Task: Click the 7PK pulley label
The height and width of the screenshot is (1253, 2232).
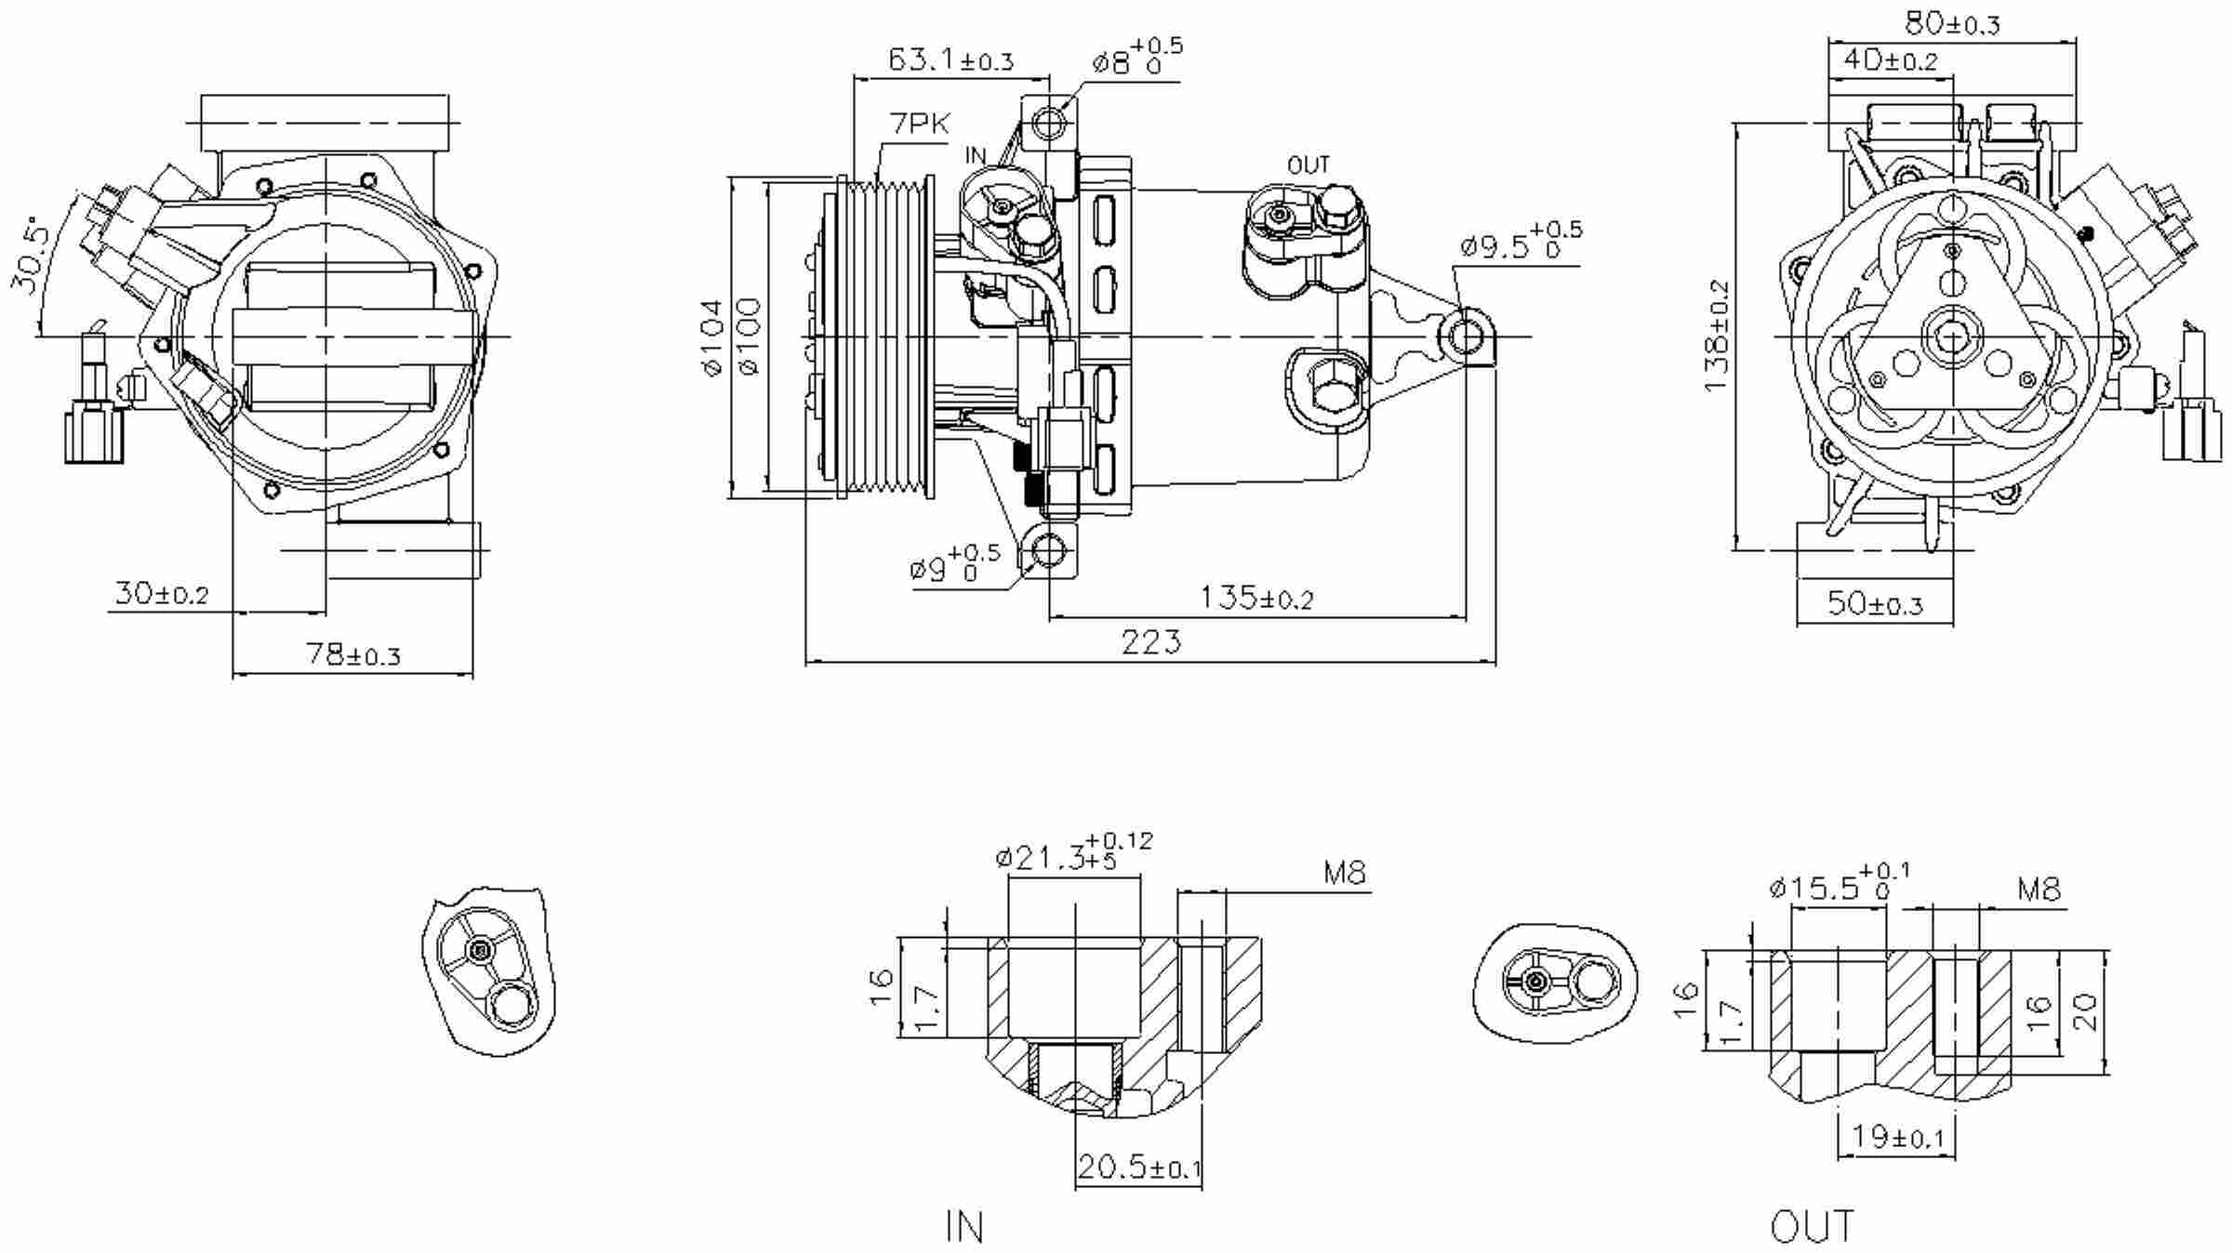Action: (920, 124)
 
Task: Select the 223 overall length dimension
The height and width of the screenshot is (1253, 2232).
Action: (1150, 642)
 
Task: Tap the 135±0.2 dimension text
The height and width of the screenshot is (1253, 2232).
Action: (1256, 598)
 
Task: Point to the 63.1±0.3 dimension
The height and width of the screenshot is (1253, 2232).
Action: (950, 61)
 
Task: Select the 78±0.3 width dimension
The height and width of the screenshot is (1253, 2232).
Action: (353, 655)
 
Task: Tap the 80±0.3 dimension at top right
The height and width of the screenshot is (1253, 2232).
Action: (1952, 23)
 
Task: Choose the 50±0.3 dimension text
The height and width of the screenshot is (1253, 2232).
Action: (1874, 604)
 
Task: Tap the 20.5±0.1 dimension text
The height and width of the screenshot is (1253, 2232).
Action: (1139, 1167)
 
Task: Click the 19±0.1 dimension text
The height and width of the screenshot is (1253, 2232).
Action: (1897, 1136)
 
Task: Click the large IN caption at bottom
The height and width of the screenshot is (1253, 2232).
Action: (964, 1227)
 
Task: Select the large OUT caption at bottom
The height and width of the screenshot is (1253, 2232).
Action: (1812, 1227)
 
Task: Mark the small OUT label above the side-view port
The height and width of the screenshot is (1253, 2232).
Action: (1309, 165)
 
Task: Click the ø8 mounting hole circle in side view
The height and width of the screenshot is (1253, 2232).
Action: (1050, 124)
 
